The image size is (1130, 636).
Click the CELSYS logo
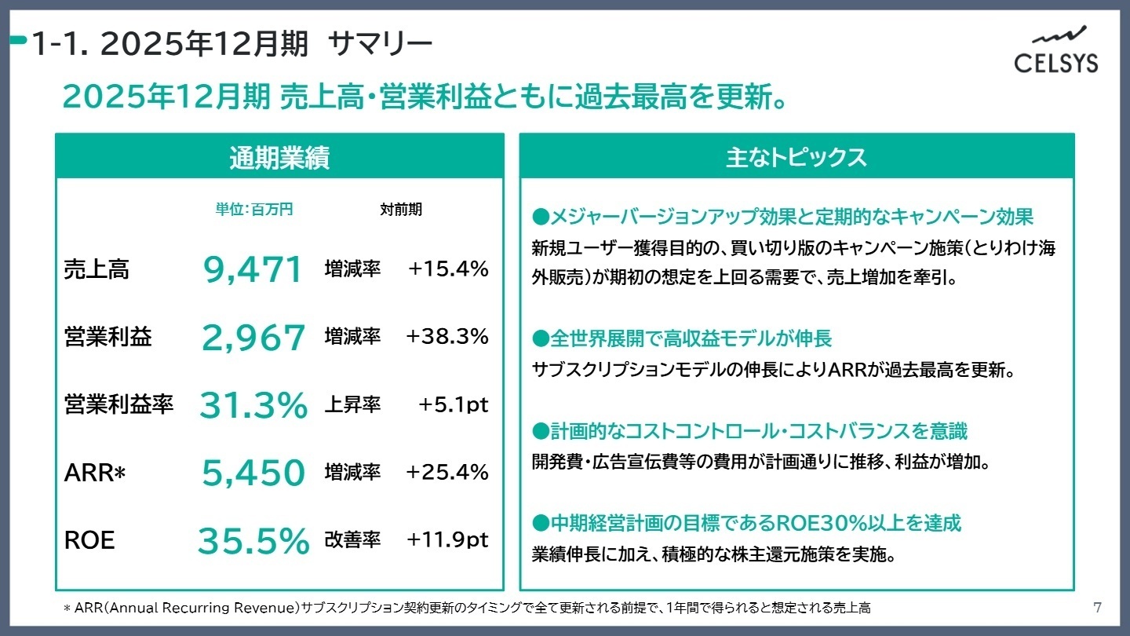coord(1055,50)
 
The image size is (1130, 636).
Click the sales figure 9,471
coord(253,270)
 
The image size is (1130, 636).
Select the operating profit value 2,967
coord(253,338)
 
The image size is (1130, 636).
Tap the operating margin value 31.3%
coord(253,405)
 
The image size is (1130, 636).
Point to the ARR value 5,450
coord(253,473)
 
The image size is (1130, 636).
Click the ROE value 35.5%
coord(253,541)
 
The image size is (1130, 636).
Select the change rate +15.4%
coord(448,269)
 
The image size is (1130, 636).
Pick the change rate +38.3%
coord(447,337)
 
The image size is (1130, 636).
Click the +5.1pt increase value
coord(453,404)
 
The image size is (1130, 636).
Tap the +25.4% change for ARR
coord(447,472)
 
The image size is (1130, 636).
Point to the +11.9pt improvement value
coord(447,540)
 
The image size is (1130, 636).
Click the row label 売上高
coord(97,270)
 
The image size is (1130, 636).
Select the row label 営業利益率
coord(118,405)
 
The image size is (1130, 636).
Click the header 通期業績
coord(279,158)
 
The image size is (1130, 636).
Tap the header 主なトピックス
coord(796,156)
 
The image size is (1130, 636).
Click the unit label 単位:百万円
coord(253,210)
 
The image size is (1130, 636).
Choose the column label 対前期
coord(401,210)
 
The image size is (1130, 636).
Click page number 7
coord(1097,607)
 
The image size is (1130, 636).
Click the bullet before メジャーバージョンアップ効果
coord(539,217)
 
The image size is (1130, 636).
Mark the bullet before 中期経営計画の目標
coord(539,523)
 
